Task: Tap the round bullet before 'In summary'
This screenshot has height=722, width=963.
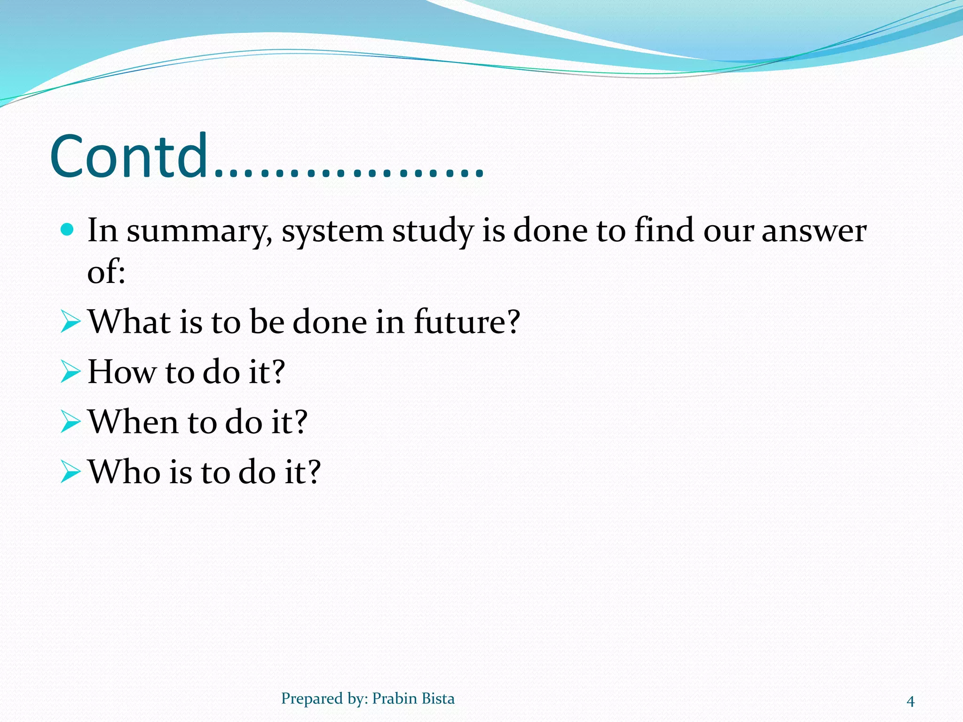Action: pyautogui.click(x=68, y=229)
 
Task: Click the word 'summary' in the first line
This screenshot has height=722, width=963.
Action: pyautogui.click(x=199, y=232)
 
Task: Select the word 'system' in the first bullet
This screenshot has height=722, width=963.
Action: pyautogui.click(x=332, y=232)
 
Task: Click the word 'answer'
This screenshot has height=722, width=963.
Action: pyautogui.click(x=813, y=232)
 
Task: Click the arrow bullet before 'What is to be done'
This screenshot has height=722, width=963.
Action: pyautogui.click(x=71, y=322)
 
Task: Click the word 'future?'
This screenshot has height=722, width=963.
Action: pyautogui.click(x=467, y=322)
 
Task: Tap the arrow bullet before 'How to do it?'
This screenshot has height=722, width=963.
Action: pyautogui.click(x=71, y=372)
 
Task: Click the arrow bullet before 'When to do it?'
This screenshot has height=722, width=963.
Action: pyautogui.click(x=71, y=422)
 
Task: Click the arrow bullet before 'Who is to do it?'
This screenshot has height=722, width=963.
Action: pyautogui.click(x=71, y=472)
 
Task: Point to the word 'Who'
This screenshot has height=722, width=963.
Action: pyautogui.click(x=124, y=471)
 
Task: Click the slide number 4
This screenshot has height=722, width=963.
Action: pyautogui.click(x=910, y=701)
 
